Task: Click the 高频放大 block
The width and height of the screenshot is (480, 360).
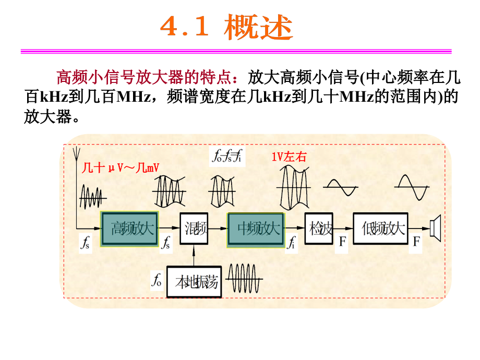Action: pyautogui.click(x=130, y=229)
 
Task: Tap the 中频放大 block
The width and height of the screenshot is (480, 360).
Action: pyautogui.click(x=256, y=229)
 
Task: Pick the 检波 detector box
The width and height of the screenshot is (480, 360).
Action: pyautogui.click(x=319, y=229)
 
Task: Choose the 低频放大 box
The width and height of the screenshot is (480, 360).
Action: pyautogui.click(x=379, y=229)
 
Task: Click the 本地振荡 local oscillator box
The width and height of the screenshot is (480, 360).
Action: pyautogui.click(x=193, y=283)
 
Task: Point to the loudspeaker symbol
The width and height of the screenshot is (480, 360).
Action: pyautogui.click(x=435, y=229)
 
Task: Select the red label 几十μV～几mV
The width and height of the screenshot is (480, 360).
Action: pyautogui.click(x=120, y=169)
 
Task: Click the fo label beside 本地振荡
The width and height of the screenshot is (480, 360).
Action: pyautogui.click(x=157, y=281)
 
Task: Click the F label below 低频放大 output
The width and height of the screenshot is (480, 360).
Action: pyautogui.click(x=416, y=243)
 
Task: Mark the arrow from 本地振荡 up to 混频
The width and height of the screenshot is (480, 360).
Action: pyautogui.click(x=194, y=257)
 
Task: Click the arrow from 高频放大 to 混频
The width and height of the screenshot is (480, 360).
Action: pyautogui.click(x=170, y=229)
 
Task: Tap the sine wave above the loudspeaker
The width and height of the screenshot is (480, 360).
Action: pyautogui.click(x=412, y=187)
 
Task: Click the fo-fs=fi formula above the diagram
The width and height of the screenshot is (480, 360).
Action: pyautogui.click(x=227, y=155)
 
